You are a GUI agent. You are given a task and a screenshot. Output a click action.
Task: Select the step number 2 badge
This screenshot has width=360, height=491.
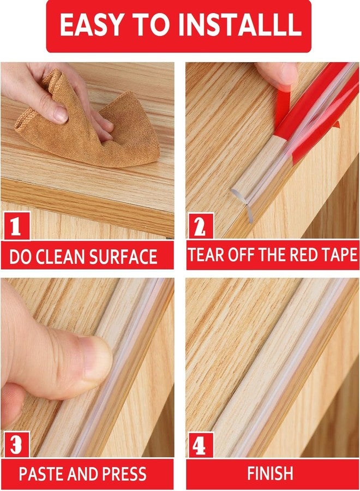(200, 226)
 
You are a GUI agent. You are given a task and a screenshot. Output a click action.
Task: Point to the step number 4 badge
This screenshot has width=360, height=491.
(200, 444)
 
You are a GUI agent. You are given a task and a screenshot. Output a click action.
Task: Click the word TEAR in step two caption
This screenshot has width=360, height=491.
(206, 255)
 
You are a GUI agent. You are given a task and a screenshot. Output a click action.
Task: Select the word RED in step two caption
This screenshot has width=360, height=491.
(307, 255)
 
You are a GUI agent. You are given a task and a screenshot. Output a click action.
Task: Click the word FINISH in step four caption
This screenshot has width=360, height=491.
(271, 473)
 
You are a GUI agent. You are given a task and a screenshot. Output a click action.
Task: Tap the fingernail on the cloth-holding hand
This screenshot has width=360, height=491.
(59, 114)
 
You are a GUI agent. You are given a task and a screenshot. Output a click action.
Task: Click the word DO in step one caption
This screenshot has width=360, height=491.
(20, 257)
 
